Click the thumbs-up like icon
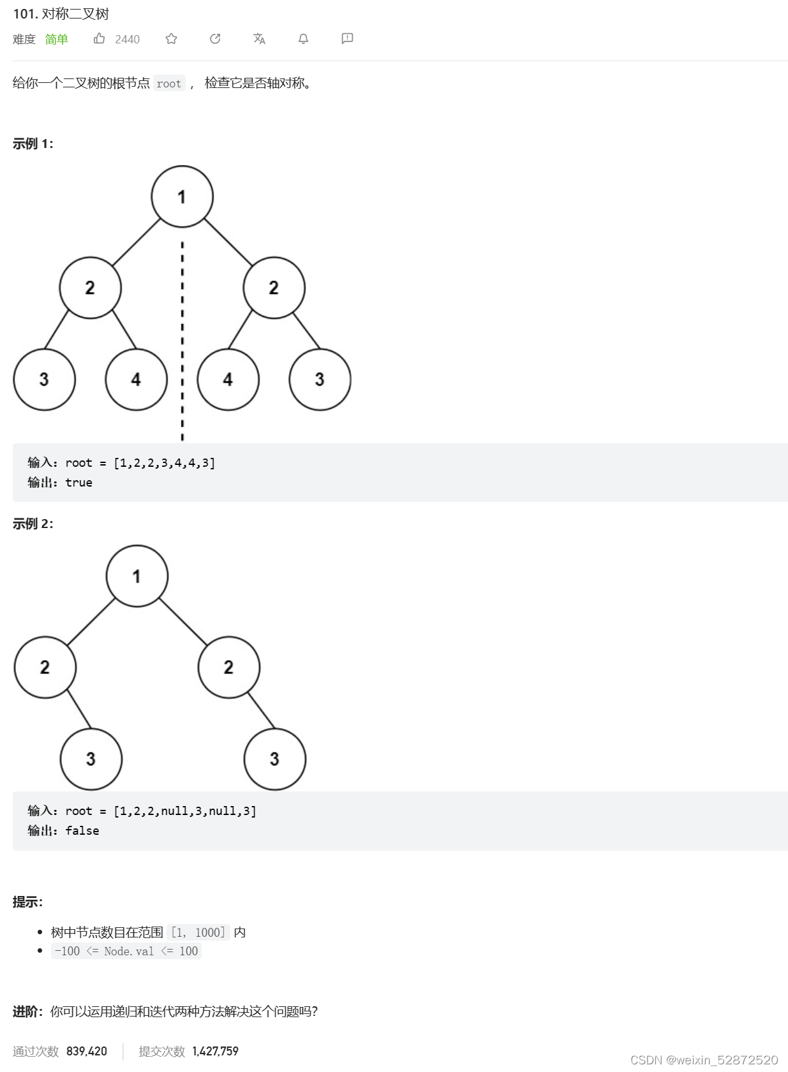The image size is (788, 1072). tap(99, 39)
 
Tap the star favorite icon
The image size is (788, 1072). tap(171, 39)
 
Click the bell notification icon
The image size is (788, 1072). tap(303, 39)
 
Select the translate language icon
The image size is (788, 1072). tap(259, 39)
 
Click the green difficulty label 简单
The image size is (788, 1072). tap(56, 40)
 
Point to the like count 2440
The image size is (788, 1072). tap(127, 40)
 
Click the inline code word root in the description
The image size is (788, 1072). tap(169, 84)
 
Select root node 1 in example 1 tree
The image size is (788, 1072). tap(182, 196)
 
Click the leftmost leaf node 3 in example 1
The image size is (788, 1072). tap(44, 379)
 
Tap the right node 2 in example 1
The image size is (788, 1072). tap(274, 288)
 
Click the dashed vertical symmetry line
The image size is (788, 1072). tap(182, 338)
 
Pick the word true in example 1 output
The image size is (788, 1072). tap(78, 483)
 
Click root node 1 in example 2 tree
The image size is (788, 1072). tap(137, 576)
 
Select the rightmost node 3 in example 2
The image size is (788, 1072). tap(274, 759)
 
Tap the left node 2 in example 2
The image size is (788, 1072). tap(45, 667)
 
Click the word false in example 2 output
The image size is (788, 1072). tap(82, 831)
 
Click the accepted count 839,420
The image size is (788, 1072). tap(87, 1051)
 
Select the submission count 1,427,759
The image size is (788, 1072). tap(215, 1051)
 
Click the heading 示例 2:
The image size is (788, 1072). tap(33, 524)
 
